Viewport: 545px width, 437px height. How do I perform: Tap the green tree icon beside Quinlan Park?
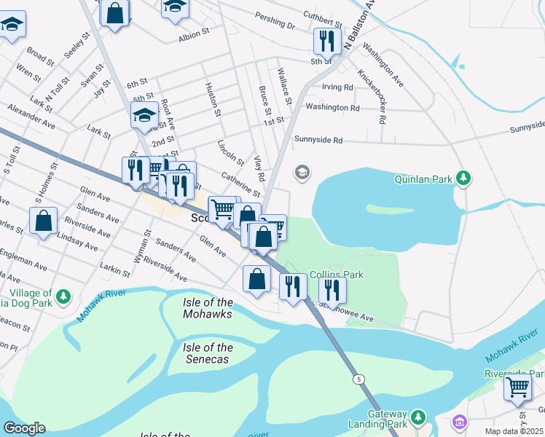[x=463, y=178]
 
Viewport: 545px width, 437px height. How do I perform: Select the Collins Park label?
[x=336, y=275]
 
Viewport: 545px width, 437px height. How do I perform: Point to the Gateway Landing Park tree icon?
[x=417, y=417]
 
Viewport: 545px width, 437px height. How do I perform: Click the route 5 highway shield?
[x=358, y=379]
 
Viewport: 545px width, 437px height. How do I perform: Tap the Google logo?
[x=24, y=428]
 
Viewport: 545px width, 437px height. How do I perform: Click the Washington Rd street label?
[x=332, y=108]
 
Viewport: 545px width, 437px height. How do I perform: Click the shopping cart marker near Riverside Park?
[x=517, y=387]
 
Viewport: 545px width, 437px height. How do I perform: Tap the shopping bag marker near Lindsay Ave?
[x=44, y=221]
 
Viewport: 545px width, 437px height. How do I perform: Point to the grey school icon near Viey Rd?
[x=301, y=173]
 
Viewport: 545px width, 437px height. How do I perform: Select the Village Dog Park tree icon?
[x=64, y=296]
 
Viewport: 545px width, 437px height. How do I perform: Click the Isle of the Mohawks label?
[x=208, y=308]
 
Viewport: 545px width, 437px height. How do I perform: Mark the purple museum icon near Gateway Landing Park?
[x=459, y=422]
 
